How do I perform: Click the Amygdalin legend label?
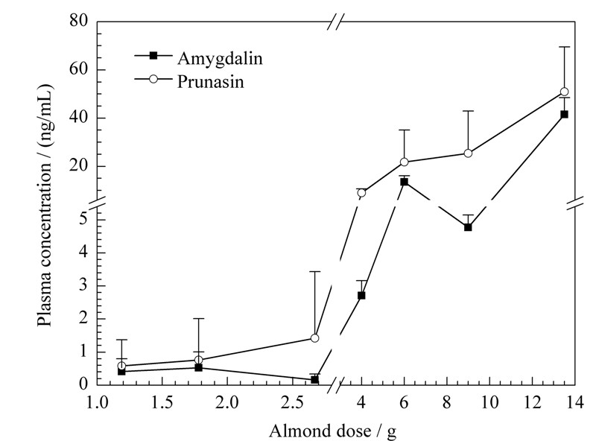pyautogui.click(x=220, y=59)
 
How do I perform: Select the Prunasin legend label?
pyautogui.click(x=211, y=81)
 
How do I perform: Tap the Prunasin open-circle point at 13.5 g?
pyautogui.click(x=565, y=92)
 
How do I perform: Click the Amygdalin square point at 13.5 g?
pyautogui.click(x=565, y=114)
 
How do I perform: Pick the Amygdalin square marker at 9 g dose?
pyautogui.click(x=468, y=227)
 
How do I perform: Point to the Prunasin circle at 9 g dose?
pyautogui.click(x=468, y=153)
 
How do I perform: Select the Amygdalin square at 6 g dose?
pyautogui.click(x=404, y=182)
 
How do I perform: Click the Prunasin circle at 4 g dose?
pyautogui.click(x=361, y=193)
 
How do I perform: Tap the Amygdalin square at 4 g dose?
pyautogui.click(x=361, y=296)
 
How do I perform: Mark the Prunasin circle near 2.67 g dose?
pyautogui.click(x=314, y=338)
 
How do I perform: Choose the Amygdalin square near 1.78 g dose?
pyautogui.click(x=198, y=368)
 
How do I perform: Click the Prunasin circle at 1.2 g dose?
pyautogui.click(x=121, y=366)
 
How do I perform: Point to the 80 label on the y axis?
pyautogui.click(x=79, y=21)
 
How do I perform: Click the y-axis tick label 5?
pyautogui.click(x=83, y=219)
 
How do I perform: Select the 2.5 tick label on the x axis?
pyautogui.click(x=291, y=402)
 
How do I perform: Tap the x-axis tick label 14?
pyautogui.click(x=574, y=402)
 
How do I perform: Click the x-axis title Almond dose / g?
pyautogui.click(x=332, y=432)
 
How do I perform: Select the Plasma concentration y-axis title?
pyautogui.click(x=45, y=206)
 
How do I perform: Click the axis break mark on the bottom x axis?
pyautogui.click(x=337, y=384)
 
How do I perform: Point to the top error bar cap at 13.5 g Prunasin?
pyautogui.click(x=565, y=47)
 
